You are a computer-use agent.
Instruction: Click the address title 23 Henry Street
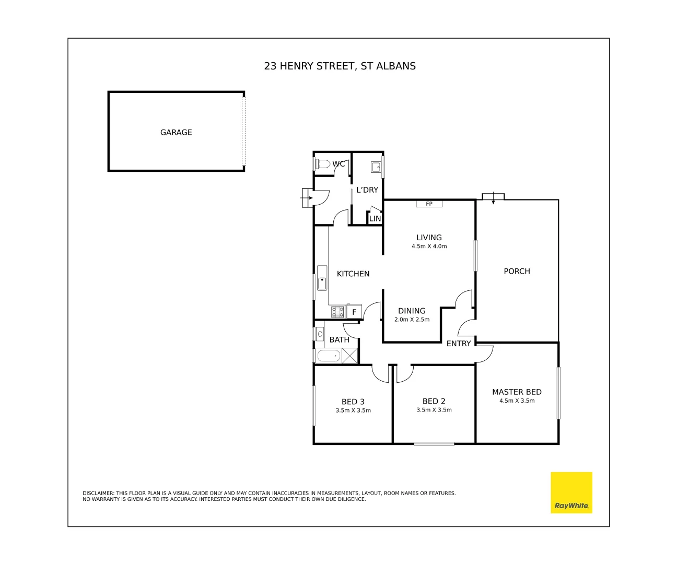tap(340, 66)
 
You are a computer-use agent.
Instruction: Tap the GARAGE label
tap(176, 133)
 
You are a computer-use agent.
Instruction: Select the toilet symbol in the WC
tap(322, 164)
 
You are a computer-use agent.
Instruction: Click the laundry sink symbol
tap(376, 167)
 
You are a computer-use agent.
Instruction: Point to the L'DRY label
tap(367, 190)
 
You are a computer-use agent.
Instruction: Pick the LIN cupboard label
tap(375, 219)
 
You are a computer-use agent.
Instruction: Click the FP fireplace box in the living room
tap(429, 204)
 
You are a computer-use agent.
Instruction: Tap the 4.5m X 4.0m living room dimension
tap(429, 246)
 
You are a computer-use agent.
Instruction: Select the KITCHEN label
tap(353, 274)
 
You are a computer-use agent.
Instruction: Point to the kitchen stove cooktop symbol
tap(337, 312)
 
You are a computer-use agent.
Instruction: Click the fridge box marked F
tap(354, 312)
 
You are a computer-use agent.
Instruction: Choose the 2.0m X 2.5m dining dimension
tap(412, 320)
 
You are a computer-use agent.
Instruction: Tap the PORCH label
tap(517, 272)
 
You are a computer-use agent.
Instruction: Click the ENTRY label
tap(459, 344)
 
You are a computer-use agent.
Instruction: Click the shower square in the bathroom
tap(349, 356)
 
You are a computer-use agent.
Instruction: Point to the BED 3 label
tap(353, 402)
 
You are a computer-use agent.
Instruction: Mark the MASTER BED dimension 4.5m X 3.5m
tap(517, 401)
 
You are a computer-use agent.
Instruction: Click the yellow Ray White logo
tap(571, 492)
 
